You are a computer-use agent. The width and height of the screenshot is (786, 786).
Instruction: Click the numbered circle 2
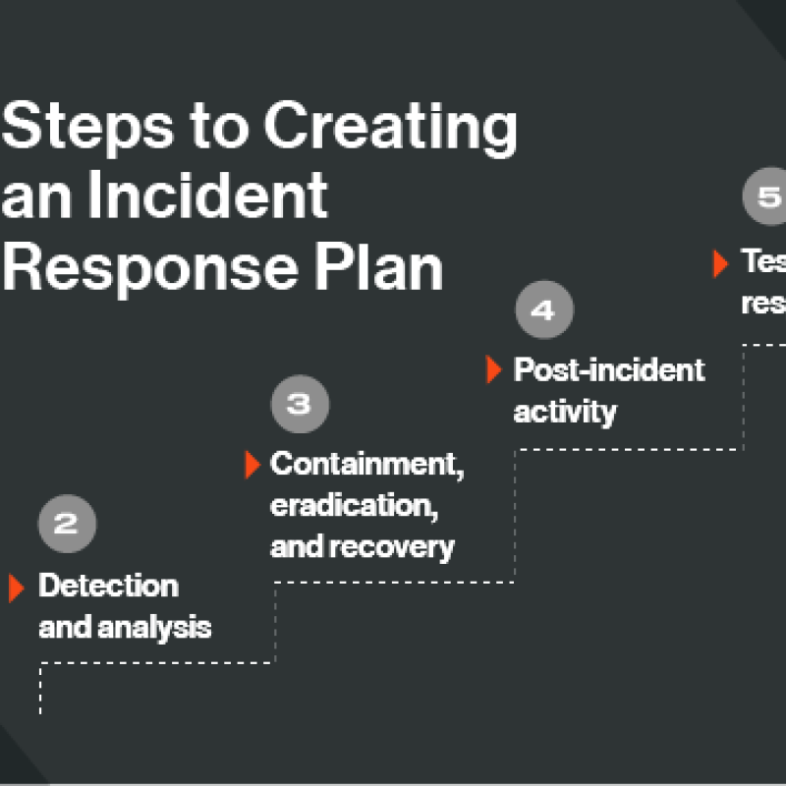[67, 525]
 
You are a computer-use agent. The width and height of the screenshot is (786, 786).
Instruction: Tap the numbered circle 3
[300, 404]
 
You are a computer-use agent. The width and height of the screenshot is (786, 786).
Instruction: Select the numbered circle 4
[543, 310]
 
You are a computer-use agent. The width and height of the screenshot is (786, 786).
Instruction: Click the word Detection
[108, 586]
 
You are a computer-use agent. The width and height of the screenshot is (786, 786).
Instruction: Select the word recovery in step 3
[404, 546]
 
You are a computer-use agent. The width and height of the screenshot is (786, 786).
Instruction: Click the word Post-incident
[609, 369]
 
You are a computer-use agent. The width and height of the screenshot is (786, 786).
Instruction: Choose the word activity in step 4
[565, 411]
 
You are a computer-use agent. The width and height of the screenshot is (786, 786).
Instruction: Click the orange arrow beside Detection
[16, 587]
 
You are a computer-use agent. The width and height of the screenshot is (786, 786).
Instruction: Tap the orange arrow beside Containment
[252, 465]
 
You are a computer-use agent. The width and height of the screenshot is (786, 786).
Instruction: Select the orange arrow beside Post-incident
[494, 369]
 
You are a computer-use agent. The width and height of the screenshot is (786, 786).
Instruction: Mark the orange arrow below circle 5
[720, 262]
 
